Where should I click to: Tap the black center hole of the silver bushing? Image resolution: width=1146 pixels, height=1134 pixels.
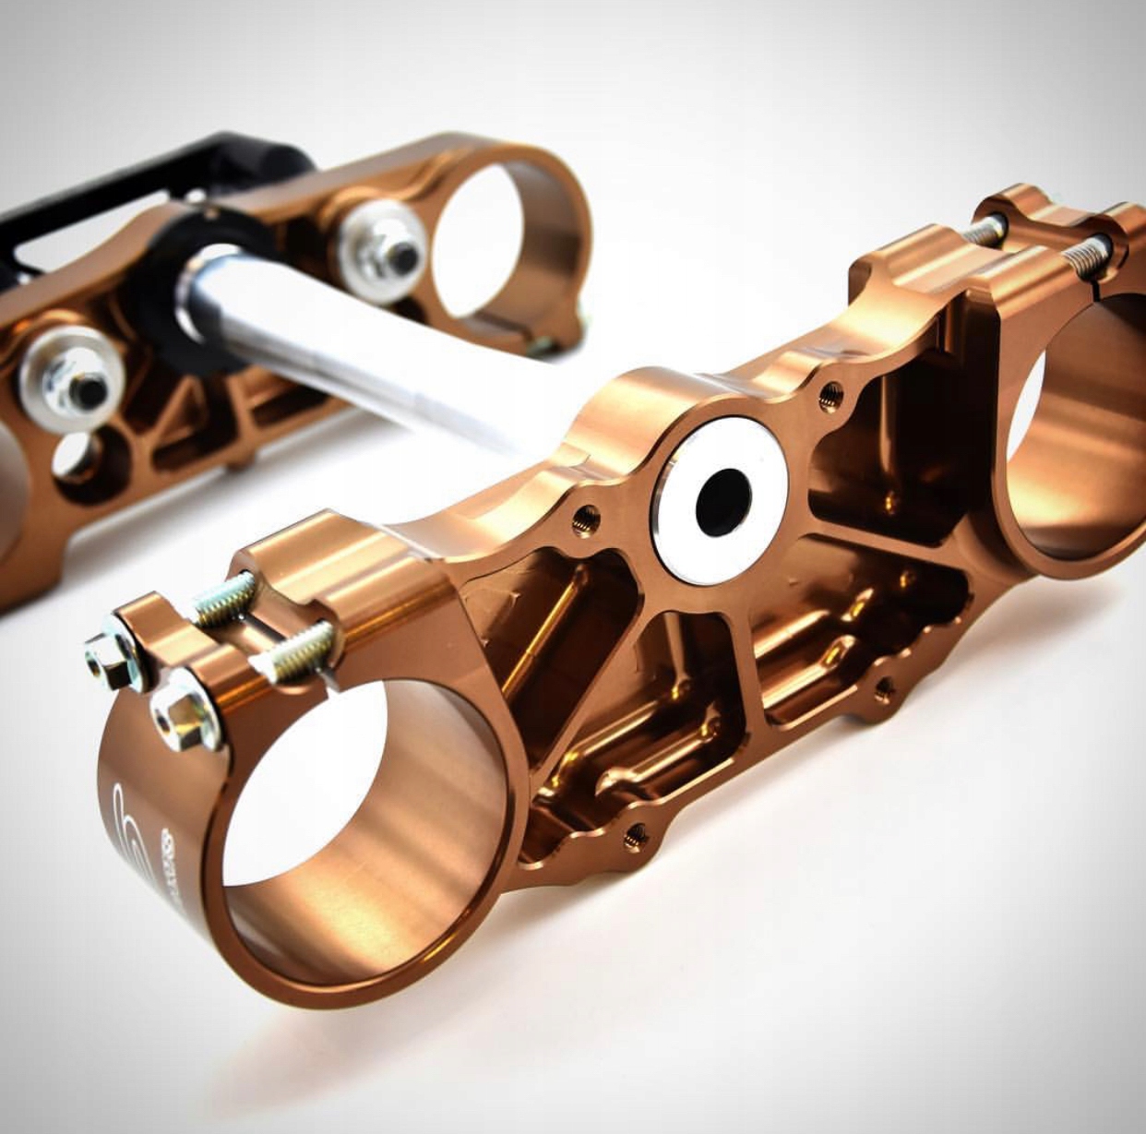tap(722, 500)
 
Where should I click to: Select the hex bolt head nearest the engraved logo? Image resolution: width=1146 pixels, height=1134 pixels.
tap(185, 715)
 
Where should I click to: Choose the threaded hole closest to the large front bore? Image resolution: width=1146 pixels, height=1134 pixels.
tap(635, 835)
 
